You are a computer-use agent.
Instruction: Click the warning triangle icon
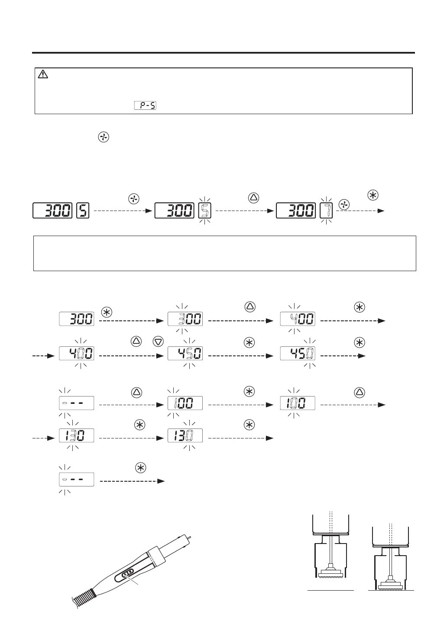click(43, 74)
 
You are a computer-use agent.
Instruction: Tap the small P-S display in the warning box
click(145, 105)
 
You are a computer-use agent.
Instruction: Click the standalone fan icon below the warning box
click(104, 138)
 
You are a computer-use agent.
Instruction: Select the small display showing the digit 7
click(326, 211)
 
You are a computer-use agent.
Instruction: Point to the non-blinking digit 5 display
click(83, 211)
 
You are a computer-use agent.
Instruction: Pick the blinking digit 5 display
click(204, 211)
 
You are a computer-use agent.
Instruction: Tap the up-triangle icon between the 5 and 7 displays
click(253, 198)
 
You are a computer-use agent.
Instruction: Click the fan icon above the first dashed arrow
click(134, 198)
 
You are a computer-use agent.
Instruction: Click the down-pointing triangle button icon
click(158, 342)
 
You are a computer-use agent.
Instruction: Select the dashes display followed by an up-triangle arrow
click(76, 403)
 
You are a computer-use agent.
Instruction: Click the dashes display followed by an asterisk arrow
click(76, 480)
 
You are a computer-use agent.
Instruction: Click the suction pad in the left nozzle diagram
click(330, 573)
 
